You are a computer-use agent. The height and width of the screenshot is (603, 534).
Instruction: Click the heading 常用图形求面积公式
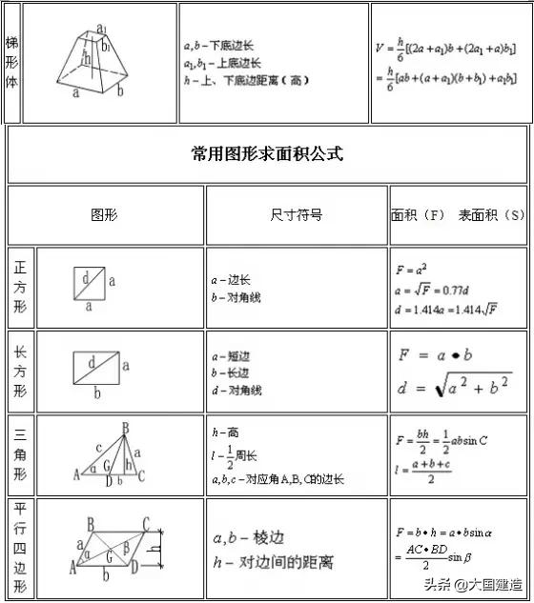(266, 153)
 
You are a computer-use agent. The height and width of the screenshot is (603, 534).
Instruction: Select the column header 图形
(104, 215)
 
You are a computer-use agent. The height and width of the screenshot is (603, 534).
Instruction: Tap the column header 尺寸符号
(296, 215)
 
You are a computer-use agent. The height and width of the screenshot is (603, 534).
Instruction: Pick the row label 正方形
(20, 288)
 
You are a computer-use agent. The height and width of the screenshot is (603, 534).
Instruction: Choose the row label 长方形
(20, 372)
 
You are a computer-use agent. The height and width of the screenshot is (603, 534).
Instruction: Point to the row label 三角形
(20, 454)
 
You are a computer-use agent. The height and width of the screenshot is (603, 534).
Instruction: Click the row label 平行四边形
(20, 548)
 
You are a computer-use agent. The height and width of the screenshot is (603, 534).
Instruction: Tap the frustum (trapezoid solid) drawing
(100, 62)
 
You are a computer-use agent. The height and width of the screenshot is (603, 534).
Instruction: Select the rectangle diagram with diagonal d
(96, 366)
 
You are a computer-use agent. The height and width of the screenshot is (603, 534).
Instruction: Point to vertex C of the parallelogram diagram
(146, 523)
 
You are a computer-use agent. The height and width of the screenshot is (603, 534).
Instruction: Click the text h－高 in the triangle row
(225, 432)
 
